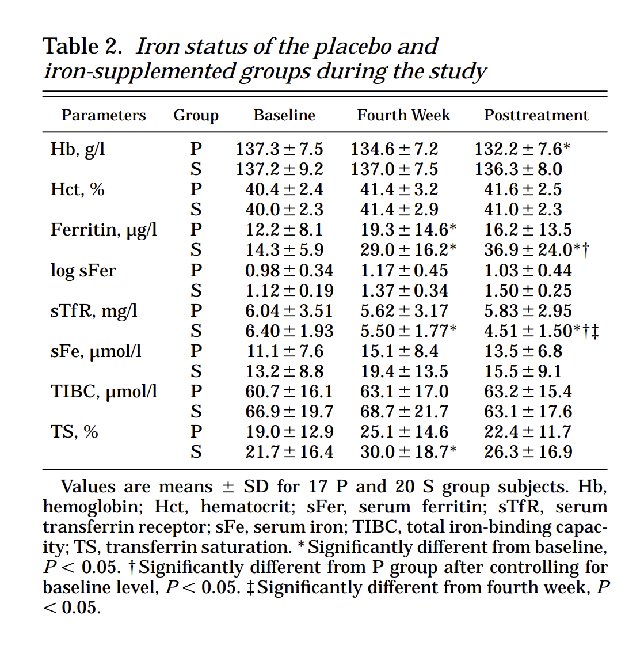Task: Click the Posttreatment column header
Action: coord(536,115)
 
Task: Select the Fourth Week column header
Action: coord(403,115)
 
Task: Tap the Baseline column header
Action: coord(284,115)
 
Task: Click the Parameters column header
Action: coord(104,115)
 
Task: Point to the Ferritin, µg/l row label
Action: coord(104,230)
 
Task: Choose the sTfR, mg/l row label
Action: coord(94,311)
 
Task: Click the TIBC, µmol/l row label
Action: coord(104,392)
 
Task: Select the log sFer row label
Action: coord(83,271)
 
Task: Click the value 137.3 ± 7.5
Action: coord(279,149)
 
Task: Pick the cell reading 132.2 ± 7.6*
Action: coord(522,149)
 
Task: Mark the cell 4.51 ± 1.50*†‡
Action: coord(541,331)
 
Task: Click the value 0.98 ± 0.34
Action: coord(289,271)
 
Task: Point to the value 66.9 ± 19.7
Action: coord(289,412)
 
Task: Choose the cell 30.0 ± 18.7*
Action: coord(409,452)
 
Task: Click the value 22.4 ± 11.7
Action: coord(528,432)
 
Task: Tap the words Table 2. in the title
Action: coord(82,46)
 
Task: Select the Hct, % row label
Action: coord(78,189)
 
